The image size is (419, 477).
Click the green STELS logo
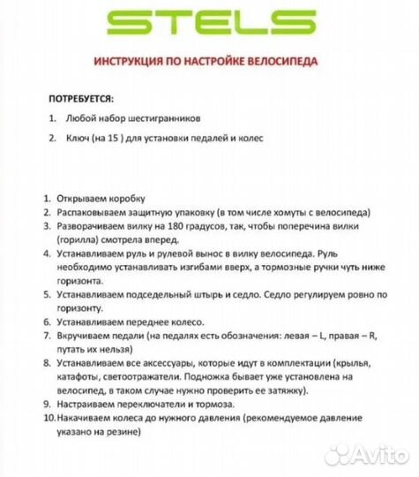tap(208, 23)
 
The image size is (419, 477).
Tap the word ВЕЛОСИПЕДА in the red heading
tap(279, 63)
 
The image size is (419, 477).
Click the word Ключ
tap(75, 138)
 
